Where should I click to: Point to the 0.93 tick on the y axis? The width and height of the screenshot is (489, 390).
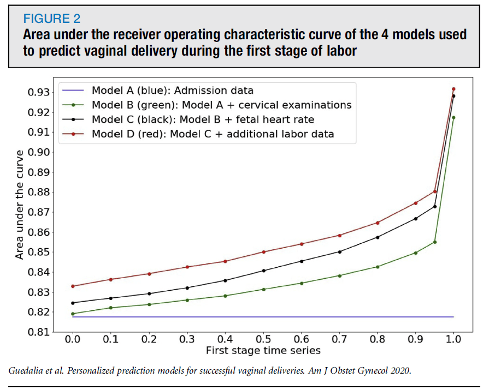tap(39, 92)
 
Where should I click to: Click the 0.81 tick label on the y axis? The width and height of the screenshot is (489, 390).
tap(39, 332)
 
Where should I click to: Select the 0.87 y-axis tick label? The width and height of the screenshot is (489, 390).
tap(39, 212)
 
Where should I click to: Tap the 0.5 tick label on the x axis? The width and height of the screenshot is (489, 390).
tap(263, 339)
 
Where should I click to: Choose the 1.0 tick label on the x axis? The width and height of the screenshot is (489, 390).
tap(453, 339)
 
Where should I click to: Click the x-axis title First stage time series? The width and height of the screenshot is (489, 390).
tap(263, 350)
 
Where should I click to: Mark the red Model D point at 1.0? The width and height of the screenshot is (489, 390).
tap(453, 89)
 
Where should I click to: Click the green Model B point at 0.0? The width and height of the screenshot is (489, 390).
tap(72, 314)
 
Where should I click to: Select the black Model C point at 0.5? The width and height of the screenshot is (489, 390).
tap(263, 271)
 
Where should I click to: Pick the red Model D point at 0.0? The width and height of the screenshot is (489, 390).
tap(72, 286)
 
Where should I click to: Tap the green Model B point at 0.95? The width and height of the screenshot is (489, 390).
tap(435, 242)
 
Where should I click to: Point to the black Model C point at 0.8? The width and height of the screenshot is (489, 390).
tap(378, 237)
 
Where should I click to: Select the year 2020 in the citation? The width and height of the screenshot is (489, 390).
tap(399, 371)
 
